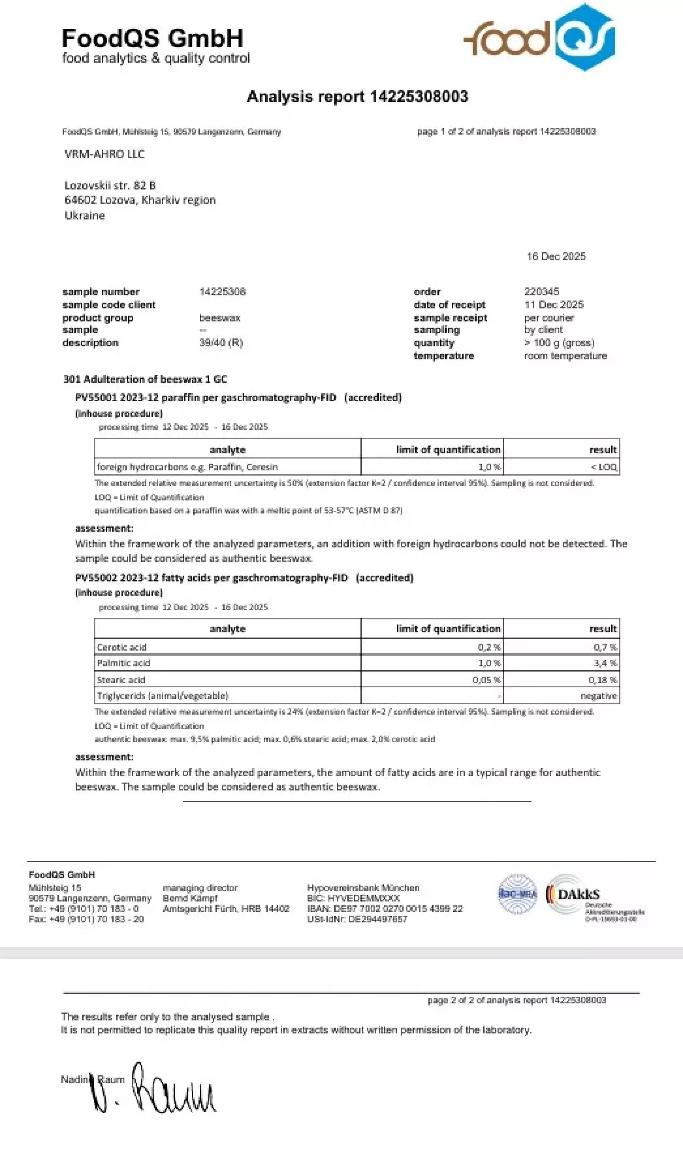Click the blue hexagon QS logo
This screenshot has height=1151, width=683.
[585, 37]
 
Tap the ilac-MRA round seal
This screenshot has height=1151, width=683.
[518, 894]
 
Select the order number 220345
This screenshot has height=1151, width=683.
[541, 291]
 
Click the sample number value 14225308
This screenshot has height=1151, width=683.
[222, 291]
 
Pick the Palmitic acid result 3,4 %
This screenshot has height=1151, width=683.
[605, 663]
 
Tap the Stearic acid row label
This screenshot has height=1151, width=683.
[121, 680]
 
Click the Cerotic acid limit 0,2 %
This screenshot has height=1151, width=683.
[489, 647]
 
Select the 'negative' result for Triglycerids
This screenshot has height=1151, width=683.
[598, 696]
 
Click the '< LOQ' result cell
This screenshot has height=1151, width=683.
[603, 467]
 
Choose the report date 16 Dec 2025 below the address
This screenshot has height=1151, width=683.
[556, 257]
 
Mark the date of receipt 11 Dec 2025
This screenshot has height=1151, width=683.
[554, 304]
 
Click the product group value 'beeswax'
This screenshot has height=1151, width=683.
[220, 318]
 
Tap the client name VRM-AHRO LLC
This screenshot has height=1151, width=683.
[104, 154]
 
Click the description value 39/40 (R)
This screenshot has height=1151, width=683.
[221, 343]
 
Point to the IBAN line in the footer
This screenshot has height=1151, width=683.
[385, 908]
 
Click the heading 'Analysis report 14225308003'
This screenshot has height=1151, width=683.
[357, 96]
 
